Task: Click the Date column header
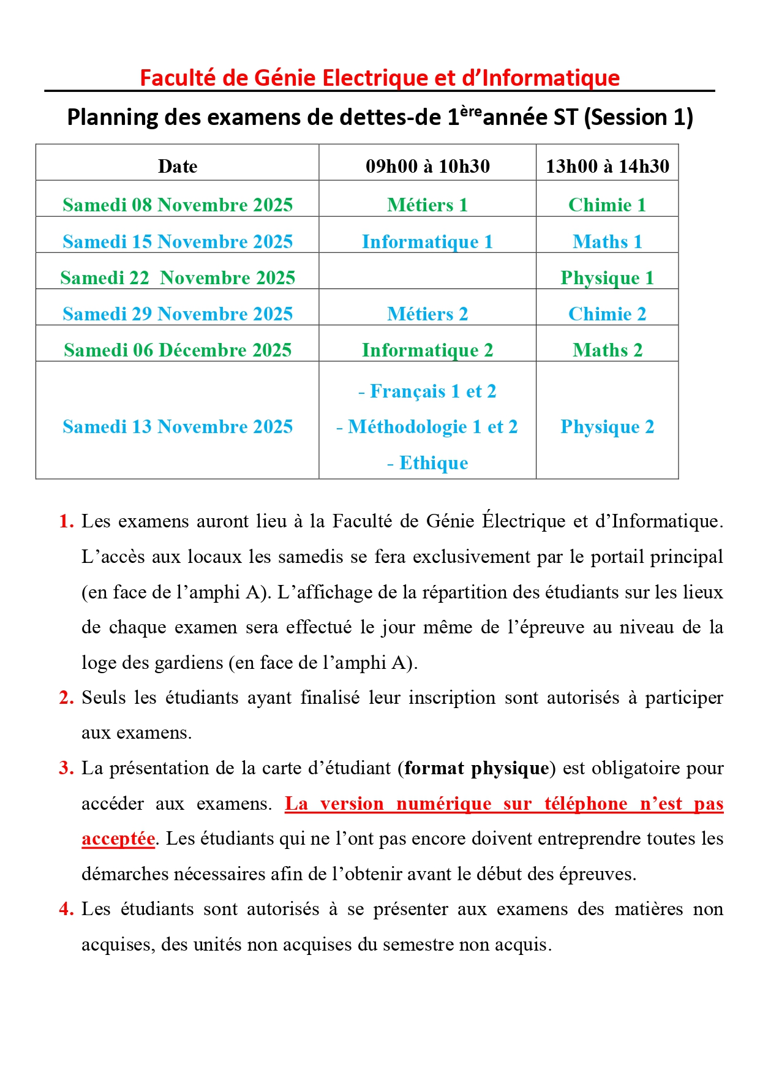click(x=178, y=166)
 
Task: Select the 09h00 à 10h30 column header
click(x=427, y=166)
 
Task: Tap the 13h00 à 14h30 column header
click(x=607, y=166)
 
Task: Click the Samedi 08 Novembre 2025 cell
click(x=178, y=205)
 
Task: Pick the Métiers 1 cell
click(x=427, y=205)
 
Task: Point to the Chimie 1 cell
click(x=607, y=205)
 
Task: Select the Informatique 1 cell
click(x=427, y=241)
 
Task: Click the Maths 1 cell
click(x=607, y=241)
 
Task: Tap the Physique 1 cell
click(x=607, y=277)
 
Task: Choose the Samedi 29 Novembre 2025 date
click(x=178, y=314)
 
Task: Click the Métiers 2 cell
click(x=427, y=314)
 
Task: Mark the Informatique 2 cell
click(x=427, y=350)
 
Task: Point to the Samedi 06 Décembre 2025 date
click(x=178, y=350)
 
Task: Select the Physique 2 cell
click(x=607, y=426)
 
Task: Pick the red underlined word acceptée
click(x=118, y=839)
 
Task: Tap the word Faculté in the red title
click(x=177, y=78)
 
